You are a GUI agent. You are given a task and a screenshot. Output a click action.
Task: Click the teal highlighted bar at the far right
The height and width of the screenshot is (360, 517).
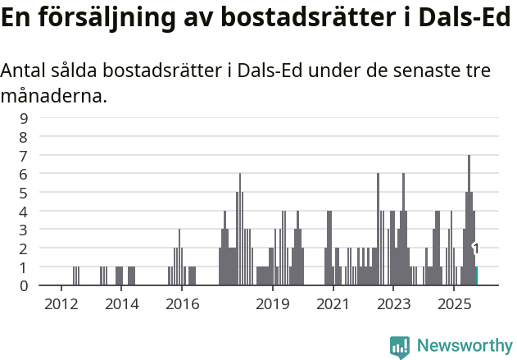pos(476,276)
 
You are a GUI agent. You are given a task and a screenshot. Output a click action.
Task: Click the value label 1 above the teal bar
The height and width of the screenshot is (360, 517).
pos(475,248)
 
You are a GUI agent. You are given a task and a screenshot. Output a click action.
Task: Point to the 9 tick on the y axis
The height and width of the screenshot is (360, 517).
pos(24,118)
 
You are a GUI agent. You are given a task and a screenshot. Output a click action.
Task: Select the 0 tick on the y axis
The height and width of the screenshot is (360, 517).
pos(24,285)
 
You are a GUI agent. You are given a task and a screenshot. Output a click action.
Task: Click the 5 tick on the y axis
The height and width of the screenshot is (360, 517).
pos(24,193)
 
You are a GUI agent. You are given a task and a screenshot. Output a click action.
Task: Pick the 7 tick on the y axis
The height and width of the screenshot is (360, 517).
pos(24,155)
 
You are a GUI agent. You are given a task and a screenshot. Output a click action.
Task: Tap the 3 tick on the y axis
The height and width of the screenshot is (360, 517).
pos(24,230)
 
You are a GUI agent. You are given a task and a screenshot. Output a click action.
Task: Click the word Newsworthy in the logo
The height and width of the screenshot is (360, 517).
pos(464,345)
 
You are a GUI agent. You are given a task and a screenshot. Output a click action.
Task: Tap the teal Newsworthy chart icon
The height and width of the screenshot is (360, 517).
pos(400,347)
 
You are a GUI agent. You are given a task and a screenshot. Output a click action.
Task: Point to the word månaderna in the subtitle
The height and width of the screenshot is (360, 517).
pos(53,97)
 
